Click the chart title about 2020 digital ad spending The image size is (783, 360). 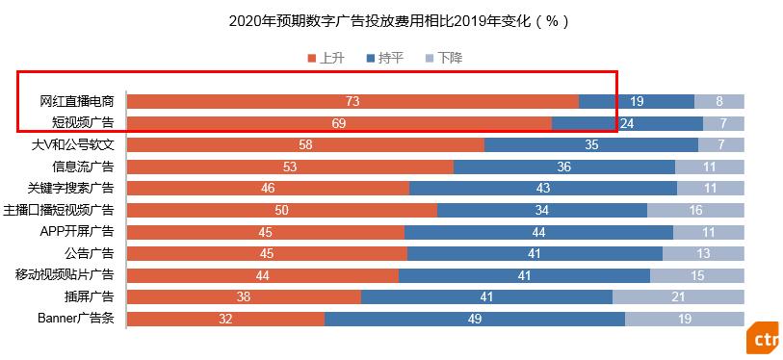391,19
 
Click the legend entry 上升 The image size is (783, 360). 326,58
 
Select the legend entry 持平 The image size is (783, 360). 384,58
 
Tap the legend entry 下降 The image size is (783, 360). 443,58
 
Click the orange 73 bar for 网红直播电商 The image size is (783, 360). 352,101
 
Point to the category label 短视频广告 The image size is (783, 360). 83,122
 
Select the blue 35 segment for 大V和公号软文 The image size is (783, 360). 591,144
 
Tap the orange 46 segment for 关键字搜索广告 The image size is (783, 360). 268,188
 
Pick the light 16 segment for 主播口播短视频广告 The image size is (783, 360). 695,210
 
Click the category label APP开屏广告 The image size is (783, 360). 77,231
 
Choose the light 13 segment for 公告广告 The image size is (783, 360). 703,253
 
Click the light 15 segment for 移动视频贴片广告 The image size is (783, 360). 697,275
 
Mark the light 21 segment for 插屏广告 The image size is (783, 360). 678,296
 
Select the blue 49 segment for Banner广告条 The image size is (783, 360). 475,319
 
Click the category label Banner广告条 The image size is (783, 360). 76,319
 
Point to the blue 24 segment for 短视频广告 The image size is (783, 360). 627,122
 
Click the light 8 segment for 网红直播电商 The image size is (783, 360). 719,101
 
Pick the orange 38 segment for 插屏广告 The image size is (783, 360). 244,296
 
